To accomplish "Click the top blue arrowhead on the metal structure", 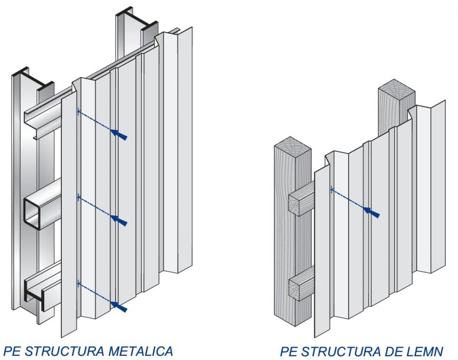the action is pos(119,134).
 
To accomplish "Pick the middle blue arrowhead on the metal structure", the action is pos(119,220).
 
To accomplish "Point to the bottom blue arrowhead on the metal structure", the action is pos(119,306).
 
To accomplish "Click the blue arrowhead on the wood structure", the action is pos(371,212).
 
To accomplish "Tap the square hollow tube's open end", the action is pos(31,213).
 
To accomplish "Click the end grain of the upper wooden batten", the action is pos(295,204).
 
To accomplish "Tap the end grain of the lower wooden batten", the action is pos(295,288).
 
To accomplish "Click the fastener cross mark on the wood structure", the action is pos(332,190).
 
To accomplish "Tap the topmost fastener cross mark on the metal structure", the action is pos(79,111).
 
